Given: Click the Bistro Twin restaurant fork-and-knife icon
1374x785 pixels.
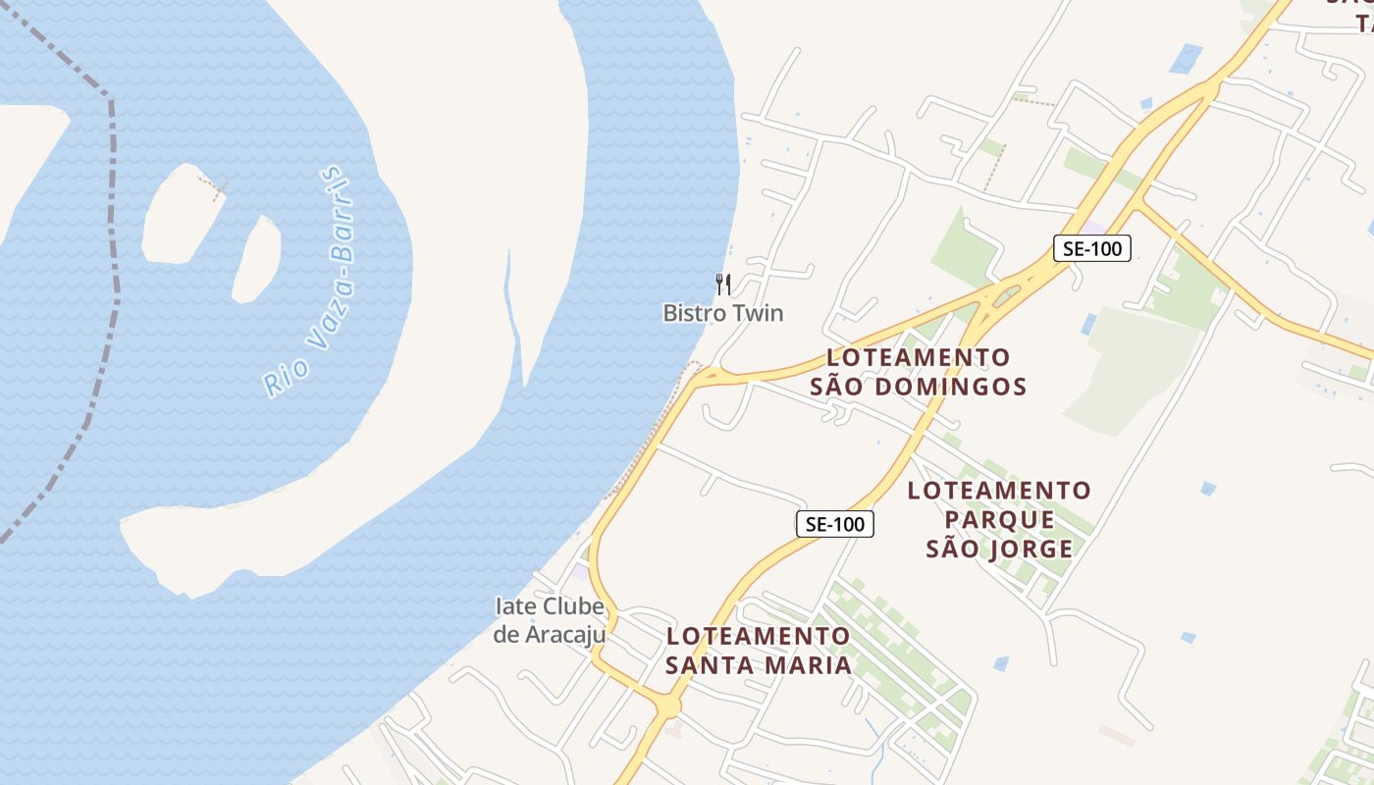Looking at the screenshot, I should (723, 285).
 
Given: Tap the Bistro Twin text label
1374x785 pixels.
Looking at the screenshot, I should (723, 313).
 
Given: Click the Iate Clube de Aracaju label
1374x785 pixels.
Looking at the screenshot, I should (549, 620).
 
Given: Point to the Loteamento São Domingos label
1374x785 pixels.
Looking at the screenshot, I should (919, 371).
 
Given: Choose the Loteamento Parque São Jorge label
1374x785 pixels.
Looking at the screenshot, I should (999, 519).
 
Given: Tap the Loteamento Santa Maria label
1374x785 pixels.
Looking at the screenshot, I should (759, 651).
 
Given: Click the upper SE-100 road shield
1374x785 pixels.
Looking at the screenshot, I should (1092, 248).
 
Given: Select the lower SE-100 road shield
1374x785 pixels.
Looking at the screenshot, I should (834, 524).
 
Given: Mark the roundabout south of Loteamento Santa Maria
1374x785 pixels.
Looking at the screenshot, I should (668, 706).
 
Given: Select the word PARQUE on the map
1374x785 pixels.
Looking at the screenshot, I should (999, 519).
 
